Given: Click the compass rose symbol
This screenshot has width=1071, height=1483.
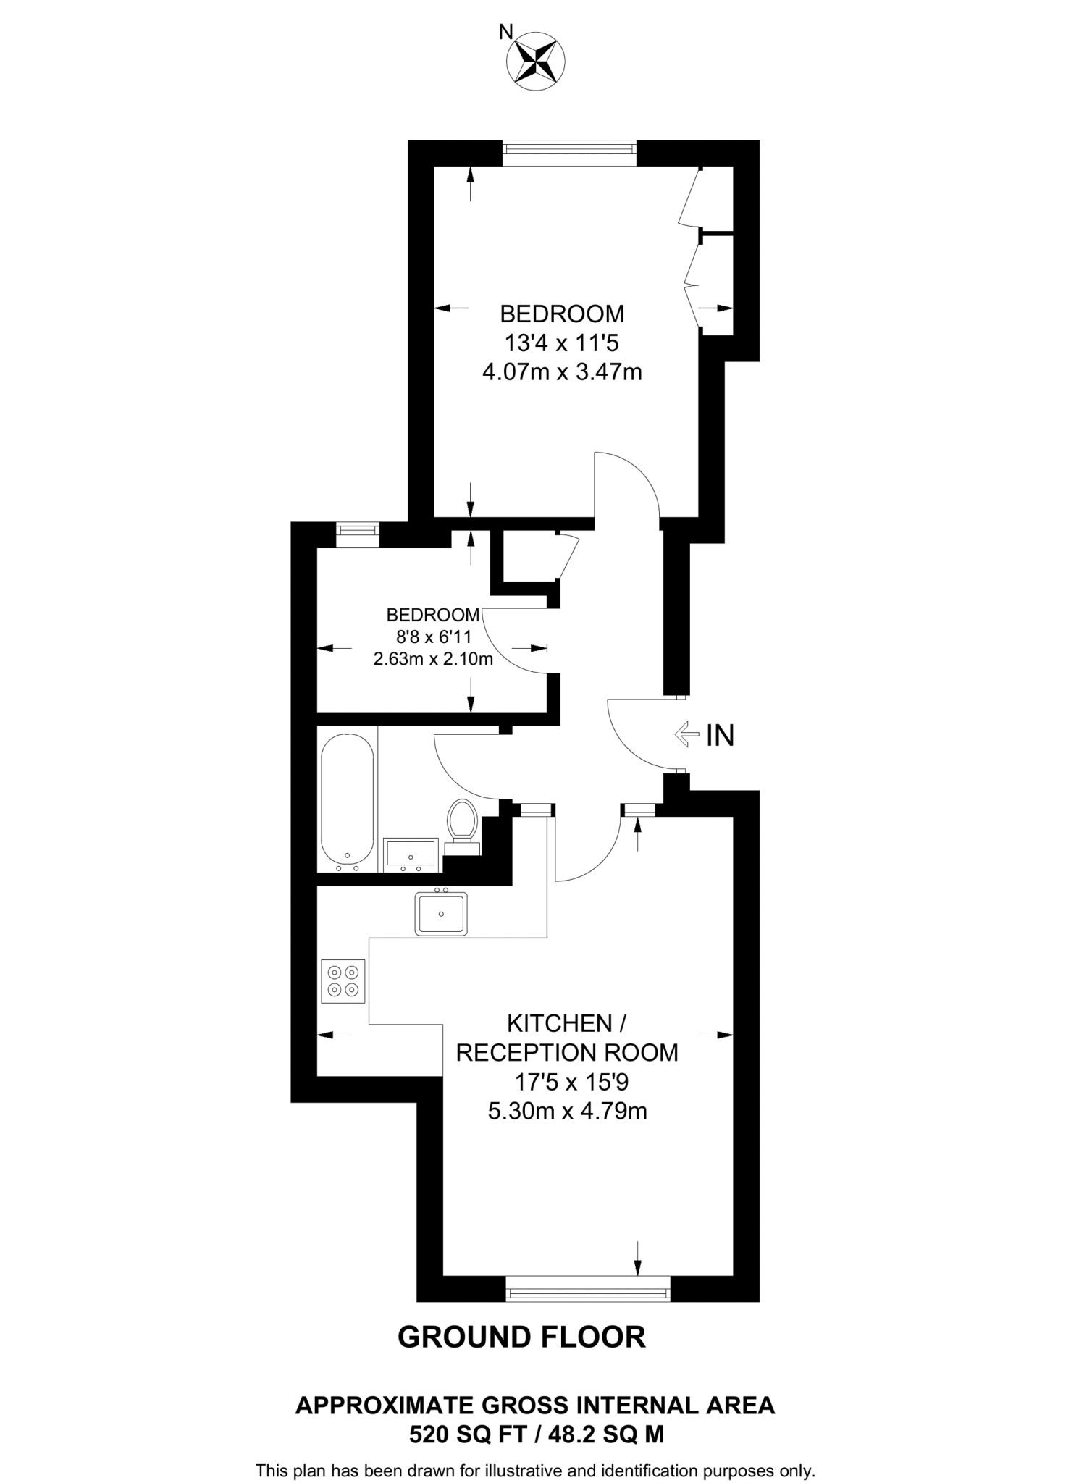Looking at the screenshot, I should (x=536, y=62).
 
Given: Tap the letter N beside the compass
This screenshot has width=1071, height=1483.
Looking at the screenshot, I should (x=506, y=32).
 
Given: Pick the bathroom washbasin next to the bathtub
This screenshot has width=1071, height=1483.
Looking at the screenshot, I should (x=411, y=852).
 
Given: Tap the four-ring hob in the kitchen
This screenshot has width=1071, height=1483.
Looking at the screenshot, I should (x=343, y=981).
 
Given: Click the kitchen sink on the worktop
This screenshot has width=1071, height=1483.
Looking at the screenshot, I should (x=441, y=912).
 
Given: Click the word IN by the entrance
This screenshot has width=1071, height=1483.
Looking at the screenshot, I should (x=720, y=736).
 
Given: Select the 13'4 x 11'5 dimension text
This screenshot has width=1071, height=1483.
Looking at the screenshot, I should (x=562, y=343).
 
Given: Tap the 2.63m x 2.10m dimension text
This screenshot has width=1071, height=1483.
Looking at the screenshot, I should (x=432, y=659).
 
